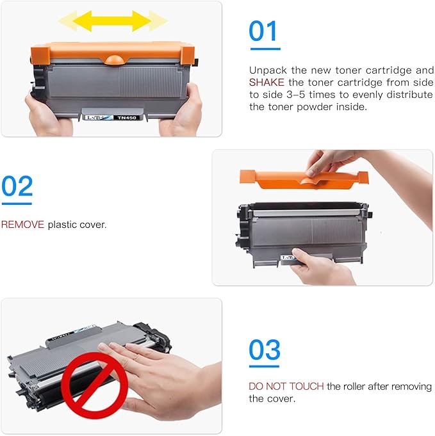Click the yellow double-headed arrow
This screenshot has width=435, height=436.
112,22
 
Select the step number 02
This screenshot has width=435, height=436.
17,186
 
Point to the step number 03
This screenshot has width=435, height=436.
265,350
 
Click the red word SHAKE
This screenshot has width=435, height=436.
264,82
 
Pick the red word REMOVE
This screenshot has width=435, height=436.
22,225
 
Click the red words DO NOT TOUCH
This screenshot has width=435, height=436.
286,387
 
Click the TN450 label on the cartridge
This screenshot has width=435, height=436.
126,118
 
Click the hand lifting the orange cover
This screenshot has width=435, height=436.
336,163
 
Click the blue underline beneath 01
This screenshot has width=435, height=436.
264,48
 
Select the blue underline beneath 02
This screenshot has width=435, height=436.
17,204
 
